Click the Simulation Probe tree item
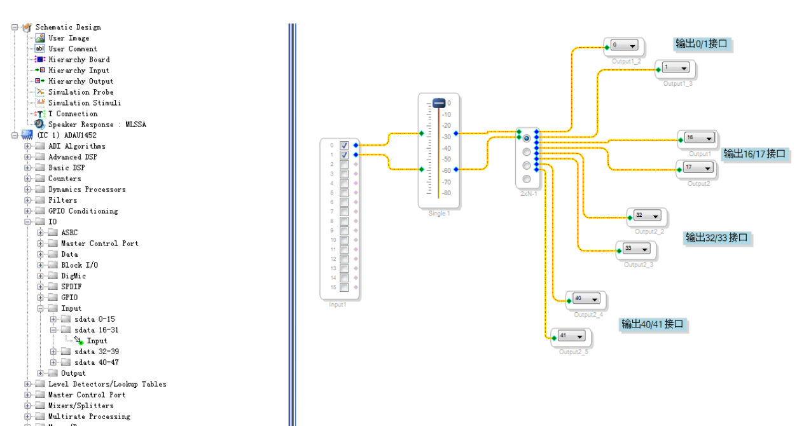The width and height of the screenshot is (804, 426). [81, 92]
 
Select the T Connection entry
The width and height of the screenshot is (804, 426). [73, 114]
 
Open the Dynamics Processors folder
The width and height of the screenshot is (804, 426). [87, 189]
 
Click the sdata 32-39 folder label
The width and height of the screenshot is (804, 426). [96, 352]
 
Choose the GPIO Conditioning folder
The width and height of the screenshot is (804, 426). [83, 211]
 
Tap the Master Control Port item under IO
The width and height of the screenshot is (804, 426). [99, 244]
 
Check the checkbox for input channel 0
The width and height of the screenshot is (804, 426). [344, 146]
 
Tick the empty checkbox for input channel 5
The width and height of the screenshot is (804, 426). [344, 193]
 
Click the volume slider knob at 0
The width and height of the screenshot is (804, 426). [439, 103]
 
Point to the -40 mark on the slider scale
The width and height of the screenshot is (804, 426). [447, 148]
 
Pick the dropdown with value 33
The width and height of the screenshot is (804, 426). [636, 249]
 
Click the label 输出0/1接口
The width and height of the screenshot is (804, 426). [701, 44]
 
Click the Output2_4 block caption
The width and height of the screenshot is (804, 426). [588, 315]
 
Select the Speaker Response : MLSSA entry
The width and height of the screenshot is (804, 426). [97, 125]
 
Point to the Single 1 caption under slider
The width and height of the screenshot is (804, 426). [439, 213]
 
